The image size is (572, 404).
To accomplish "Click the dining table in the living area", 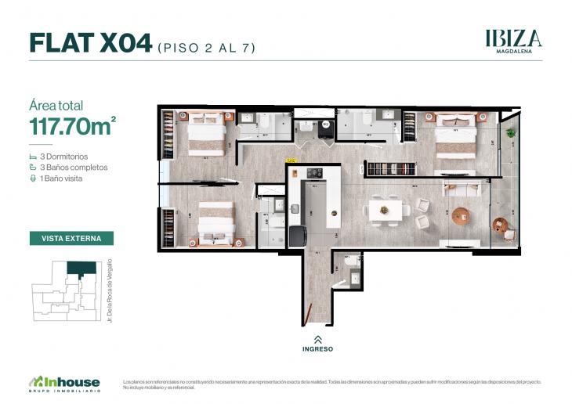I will coord(385,209).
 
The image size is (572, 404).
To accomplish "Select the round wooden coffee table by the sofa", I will coord(460,214).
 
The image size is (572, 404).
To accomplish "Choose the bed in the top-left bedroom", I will coord(206,132).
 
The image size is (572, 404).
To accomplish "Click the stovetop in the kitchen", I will coord(314,173).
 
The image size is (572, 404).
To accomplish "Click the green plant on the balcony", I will coord(511,132).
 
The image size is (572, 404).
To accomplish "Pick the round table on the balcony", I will coord(499,225).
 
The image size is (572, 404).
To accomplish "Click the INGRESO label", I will coord(317,348).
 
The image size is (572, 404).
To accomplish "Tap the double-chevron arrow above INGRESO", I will coord(317,339).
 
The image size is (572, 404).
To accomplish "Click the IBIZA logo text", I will coord(513,38).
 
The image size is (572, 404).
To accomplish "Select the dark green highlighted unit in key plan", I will coord(82,269).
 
